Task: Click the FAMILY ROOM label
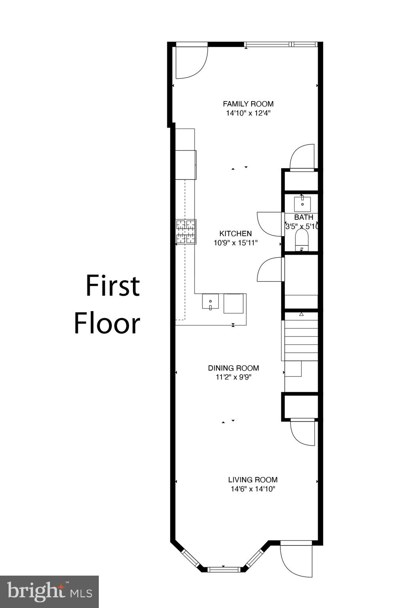click(x=248, y=104)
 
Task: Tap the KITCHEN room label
click(x=235, y=234)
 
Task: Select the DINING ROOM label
click(x=233, y=368)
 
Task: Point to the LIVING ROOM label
click(x=253, y=480)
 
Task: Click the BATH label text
click(x=304, y=217)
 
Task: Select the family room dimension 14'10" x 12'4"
click(x=248, y=113)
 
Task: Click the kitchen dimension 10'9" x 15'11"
click(x=236, y=243)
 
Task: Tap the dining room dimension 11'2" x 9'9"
click(x=233, y=377)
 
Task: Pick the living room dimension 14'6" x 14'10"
click(x=253, y=489)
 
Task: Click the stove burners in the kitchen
click(x=186, y=232)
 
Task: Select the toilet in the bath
click(x=302, y=240)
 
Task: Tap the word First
click(x=113, y=286)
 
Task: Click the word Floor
click(x=107, y=323)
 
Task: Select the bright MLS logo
click(x=49, y=591)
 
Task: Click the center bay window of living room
click(x=224, y=570)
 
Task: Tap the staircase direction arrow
click(x=301, y=314)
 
